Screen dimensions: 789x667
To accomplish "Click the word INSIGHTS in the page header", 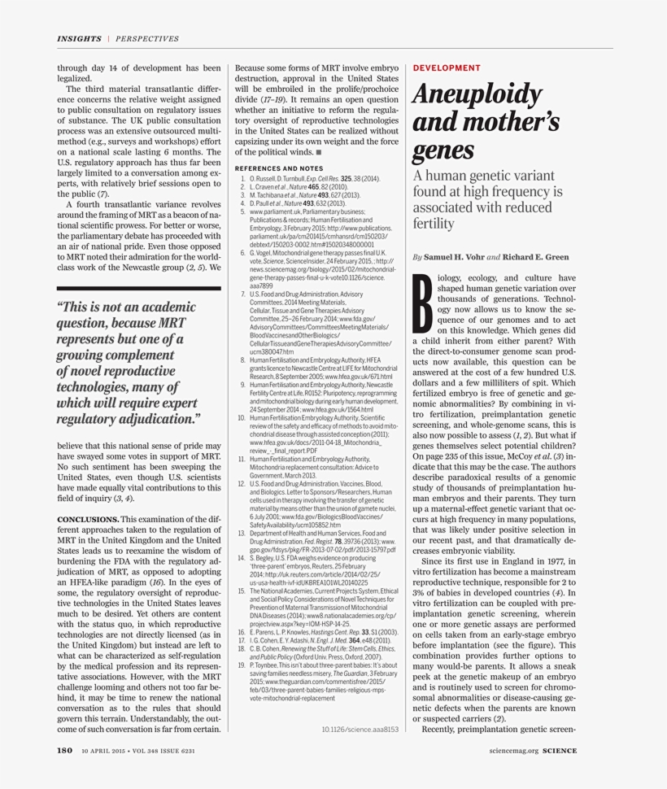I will [x=79, y=38].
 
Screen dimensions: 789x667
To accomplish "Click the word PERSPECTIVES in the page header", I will [x=147, y=38].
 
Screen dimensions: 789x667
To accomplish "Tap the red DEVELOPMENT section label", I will [x=447, y=68].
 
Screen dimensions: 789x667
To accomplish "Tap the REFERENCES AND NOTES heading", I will [x=278, y=168].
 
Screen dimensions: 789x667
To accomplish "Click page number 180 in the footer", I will [x=65, y=751].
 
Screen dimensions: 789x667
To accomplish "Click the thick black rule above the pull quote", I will [x=138, y=288].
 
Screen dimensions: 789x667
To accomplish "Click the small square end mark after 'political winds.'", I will [x=319, y=151].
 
